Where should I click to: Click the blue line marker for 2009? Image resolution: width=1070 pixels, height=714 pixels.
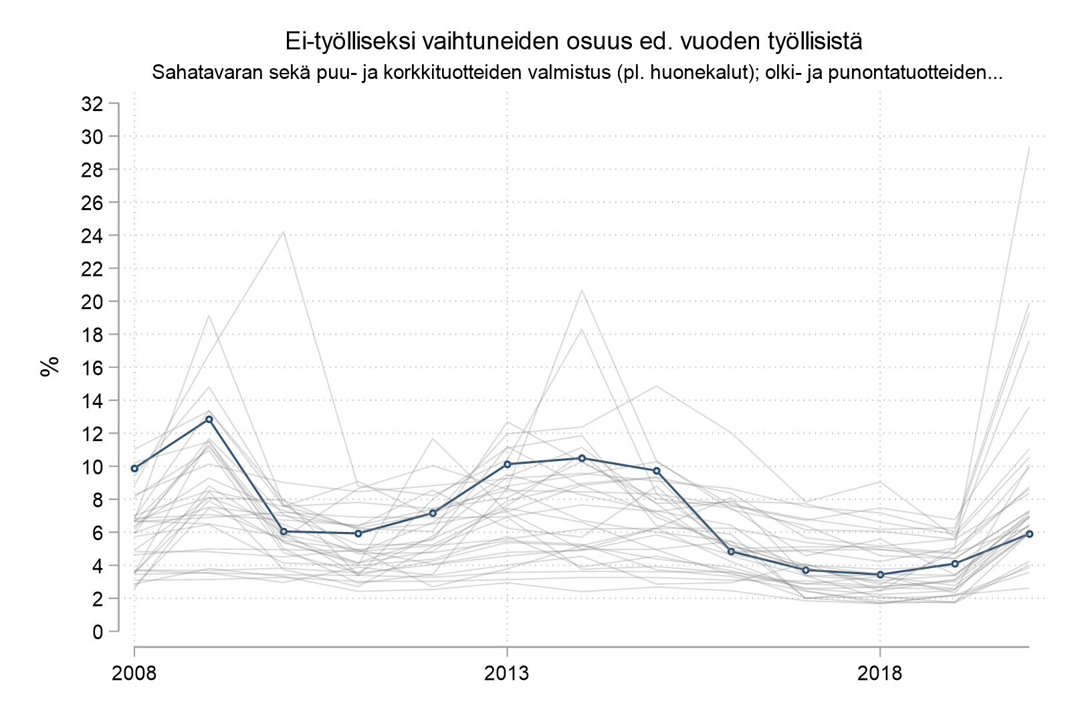(209, 419)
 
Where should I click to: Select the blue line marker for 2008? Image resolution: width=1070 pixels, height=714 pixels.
(134, 468)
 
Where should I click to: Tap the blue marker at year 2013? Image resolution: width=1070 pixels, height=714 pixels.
(508, 464)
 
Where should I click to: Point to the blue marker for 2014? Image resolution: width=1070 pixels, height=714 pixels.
(582, 458)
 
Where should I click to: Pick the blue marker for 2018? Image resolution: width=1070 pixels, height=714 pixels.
(880, 574)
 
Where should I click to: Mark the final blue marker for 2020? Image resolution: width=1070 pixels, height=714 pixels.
(1029, 534)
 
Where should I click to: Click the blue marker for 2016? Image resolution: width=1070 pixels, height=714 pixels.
(731, 551)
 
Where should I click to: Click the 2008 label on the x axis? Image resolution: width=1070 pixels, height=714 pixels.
(134, 673)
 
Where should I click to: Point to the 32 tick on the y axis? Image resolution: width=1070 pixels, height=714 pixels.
(92, 104)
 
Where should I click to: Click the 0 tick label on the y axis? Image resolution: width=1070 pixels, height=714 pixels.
(98, 632)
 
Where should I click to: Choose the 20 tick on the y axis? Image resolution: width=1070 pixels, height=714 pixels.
(92, 302)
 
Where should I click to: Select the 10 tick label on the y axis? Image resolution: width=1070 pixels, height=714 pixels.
(92, 466)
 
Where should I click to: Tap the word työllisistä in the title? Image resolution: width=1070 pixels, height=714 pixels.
(813, 41)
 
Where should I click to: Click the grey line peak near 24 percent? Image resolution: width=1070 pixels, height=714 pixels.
(284, 232)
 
